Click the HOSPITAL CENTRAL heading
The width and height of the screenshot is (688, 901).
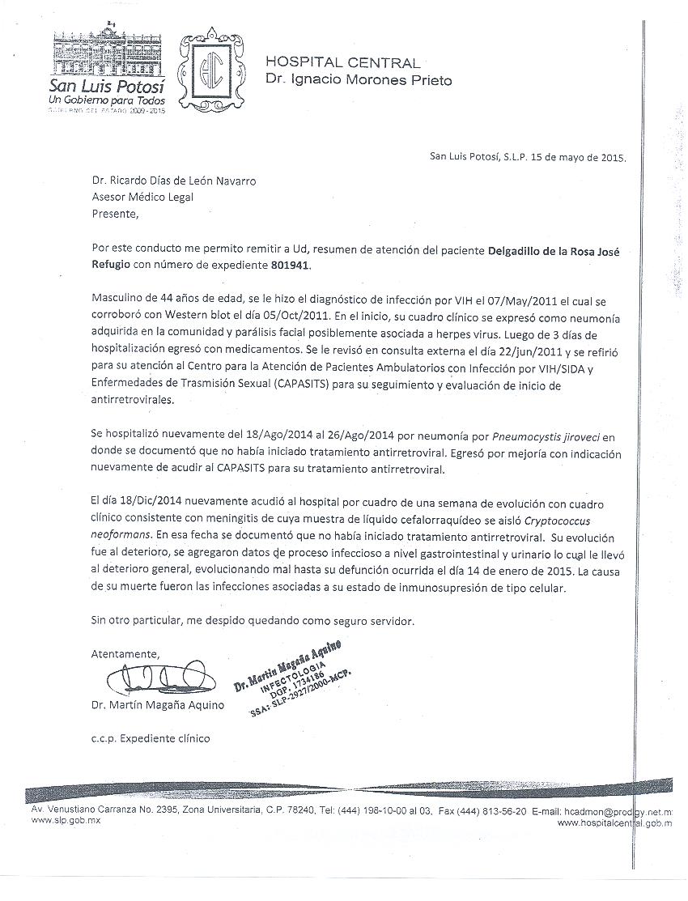tap(342, 63)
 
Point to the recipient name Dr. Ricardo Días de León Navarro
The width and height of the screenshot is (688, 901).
tap(174, 181)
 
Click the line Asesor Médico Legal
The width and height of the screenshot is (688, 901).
tap(142, 197)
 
